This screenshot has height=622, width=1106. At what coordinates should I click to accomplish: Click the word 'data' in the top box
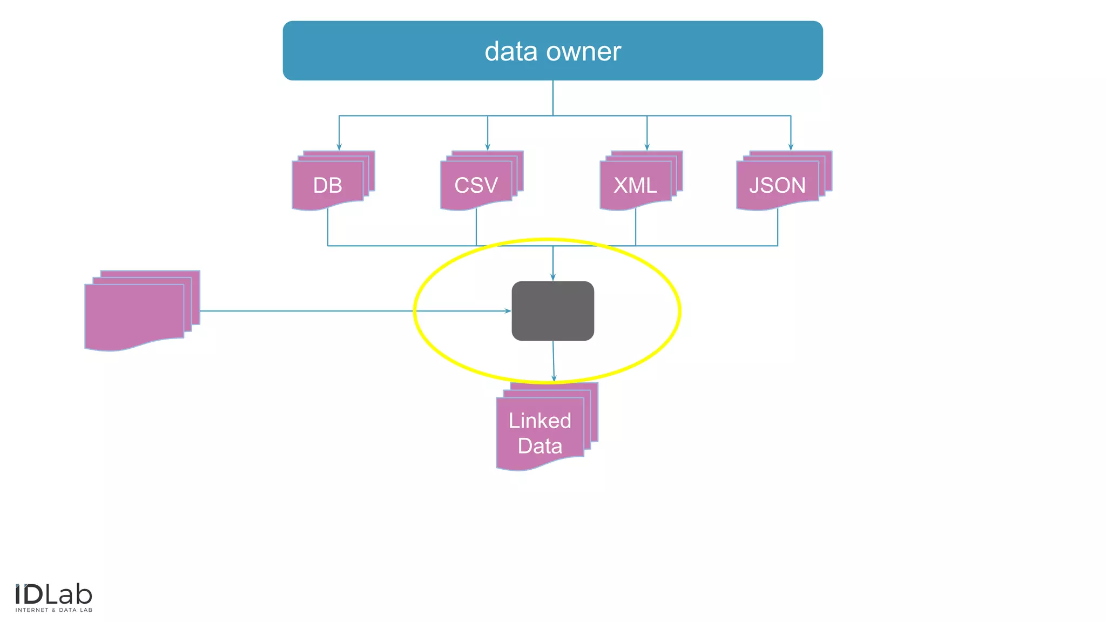[x=510, y=52]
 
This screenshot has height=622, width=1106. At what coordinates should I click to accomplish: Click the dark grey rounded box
[x=552, y=310]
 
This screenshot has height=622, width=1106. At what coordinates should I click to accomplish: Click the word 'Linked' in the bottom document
[x=539, y=421]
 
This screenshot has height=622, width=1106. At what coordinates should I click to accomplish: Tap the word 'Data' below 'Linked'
[x=539, y=446]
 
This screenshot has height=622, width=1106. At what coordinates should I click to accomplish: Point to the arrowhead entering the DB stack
[x=339, y=147]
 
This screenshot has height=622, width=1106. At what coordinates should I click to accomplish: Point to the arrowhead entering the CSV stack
[x=488, y=147]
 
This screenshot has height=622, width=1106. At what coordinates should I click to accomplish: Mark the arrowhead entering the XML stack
[x=647, y=147]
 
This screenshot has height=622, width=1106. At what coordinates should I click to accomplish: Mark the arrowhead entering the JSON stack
[x=791, y=147]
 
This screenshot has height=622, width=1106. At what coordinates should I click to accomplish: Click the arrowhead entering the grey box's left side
[x=508, y=311]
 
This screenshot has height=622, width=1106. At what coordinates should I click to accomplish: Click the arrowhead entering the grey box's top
[x=552, y=278]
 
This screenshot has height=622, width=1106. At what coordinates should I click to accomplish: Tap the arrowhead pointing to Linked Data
[x=554, y=378]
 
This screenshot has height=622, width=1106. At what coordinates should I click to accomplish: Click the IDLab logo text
[x=53, y=595]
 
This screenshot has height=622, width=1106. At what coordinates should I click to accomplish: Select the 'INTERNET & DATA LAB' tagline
[x=53, y=610]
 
